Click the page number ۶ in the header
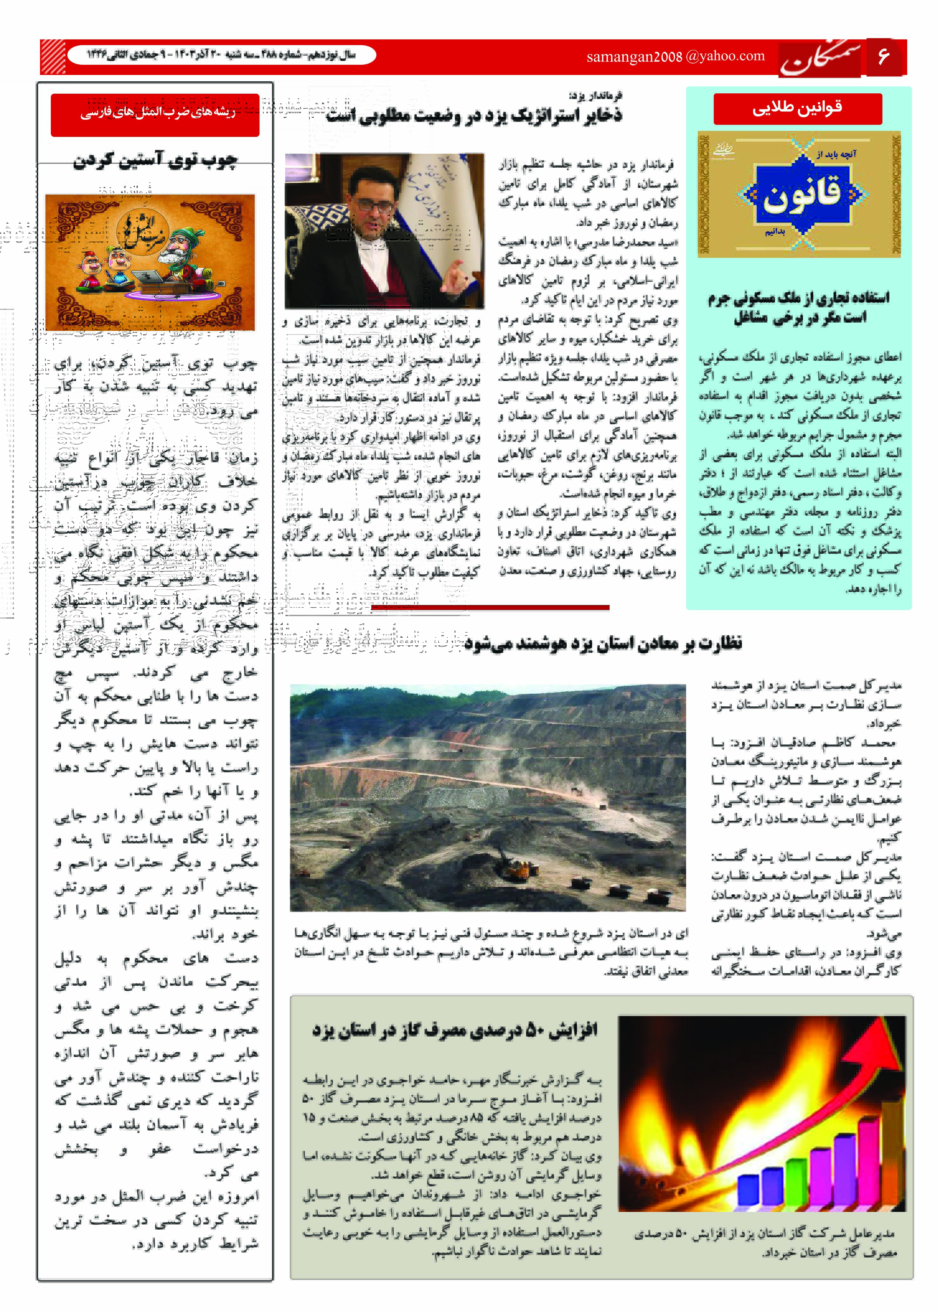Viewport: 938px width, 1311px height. [883, 57]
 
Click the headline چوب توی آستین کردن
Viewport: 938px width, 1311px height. [155, 160]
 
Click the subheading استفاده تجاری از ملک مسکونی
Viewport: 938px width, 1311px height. [799, 307]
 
